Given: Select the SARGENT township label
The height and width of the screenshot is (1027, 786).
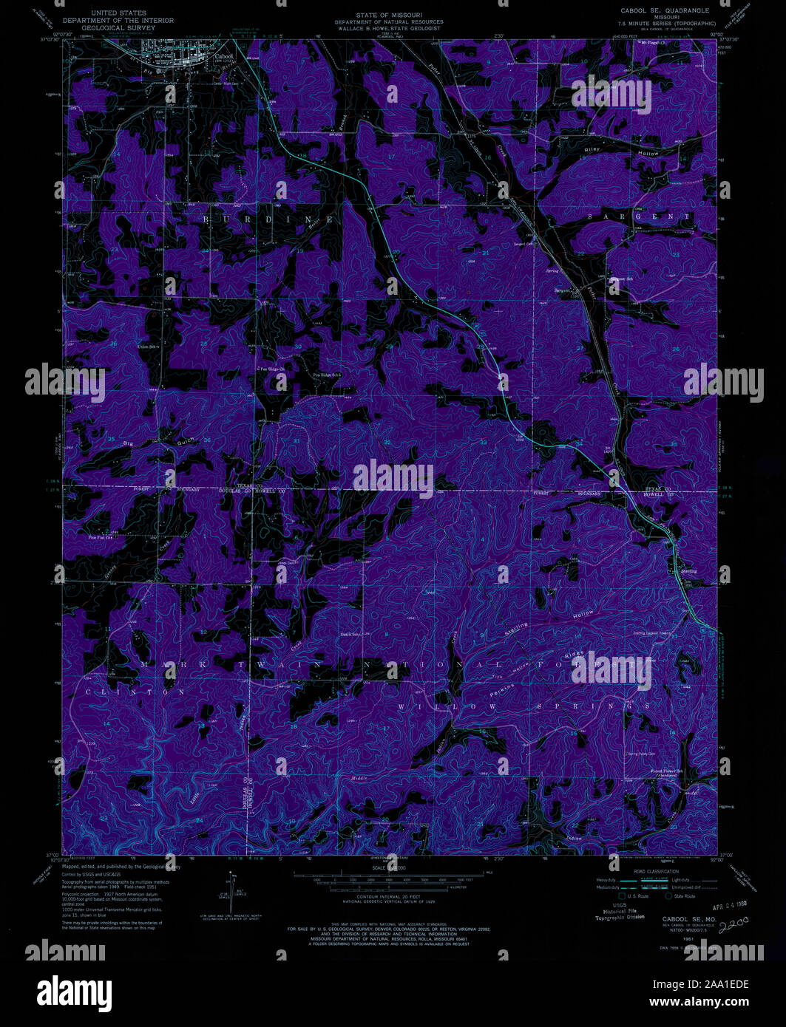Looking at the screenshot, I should [x=640, y=217].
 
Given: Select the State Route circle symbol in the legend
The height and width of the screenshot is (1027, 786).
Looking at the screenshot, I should [x=669, y=896].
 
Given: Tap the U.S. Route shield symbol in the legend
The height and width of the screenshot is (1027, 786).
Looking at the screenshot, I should [x=622, y=896].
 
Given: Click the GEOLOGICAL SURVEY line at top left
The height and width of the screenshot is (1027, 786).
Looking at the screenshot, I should [x=119, y=29].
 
